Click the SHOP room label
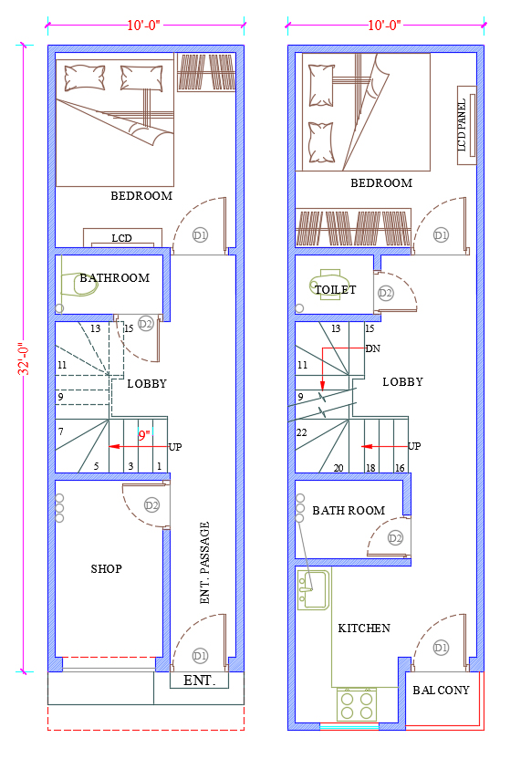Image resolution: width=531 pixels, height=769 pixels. tap(107, 569)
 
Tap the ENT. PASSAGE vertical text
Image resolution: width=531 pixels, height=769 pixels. tap(205, 563)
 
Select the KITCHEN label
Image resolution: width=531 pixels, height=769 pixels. tap(364, 629)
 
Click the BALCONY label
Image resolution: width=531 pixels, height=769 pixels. tap(441, 690)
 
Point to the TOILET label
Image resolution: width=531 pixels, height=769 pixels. tap(336, 290)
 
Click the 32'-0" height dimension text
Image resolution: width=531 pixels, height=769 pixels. tap(24, 358)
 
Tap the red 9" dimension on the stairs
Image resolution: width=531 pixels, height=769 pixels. tap(144, 435)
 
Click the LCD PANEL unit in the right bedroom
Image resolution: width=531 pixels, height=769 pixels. tap(466, 126)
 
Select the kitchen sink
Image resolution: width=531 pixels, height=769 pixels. tap(313, 589)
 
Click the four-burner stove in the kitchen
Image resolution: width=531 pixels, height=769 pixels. tap(357, 705)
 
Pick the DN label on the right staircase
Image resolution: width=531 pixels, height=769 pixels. tap(372, 348)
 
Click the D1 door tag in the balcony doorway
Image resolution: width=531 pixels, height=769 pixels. tap(441, 648)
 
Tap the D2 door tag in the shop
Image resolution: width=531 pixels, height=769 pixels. tap(152, 505)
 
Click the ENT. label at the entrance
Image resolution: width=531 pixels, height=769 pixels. tap(199, 681)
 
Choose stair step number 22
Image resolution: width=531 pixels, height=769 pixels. tap(301, 432)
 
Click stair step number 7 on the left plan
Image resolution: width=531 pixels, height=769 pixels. tap(61, 431)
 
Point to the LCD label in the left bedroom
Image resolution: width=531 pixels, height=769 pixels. tap(121, 238)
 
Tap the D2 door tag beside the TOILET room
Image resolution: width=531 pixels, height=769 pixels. tap(386, 294)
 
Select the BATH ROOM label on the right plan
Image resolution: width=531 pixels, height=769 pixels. tap(349, 511)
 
